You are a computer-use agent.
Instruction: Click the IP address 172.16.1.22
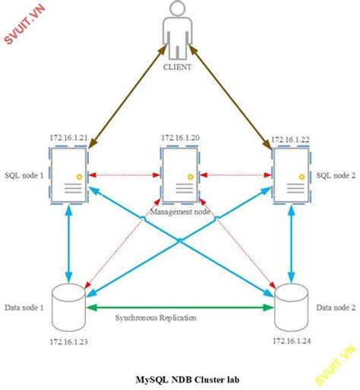click(291, 140)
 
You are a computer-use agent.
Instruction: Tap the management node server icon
click(180, 175)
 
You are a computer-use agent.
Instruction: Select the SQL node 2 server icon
click(291, 175)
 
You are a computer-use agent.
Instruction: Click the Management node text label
click(180, 212)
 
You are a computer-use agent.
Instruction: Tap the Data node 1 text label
click(24, 307)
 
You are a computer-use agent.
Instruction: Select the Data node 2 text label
click(334, 307)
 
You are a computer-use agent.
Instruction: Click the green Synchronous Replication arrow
click(180, 307)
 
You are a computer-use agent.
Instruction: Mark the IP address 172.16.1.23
click(68, 342)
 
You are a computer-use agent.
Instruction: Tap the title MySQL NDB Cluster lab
click(180, 377)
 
